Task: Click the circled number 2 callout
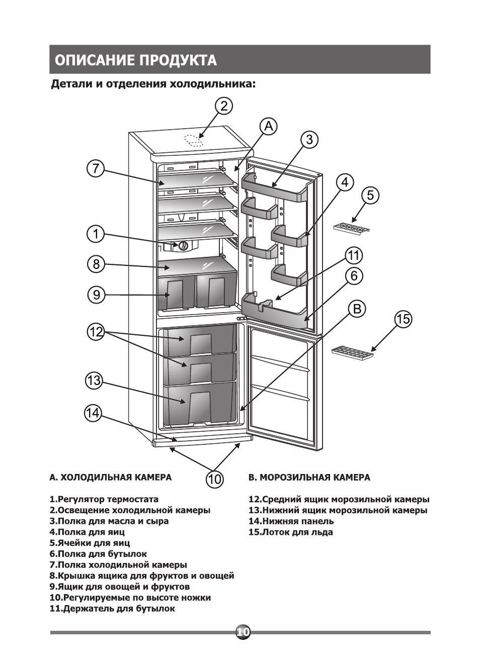(224, 107)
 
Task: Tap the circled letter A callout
(269, 126)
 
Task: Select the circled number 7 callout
(96, 169)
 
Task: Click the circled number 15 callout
(403, 319)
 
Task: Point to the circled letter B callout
(357, 309)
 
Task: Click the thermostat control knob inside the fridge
(183, 246)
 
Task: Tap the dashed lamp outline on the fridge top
(193, 140)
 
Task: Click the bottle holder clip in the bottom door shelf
(266, 304)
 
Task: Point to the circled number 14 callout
(93, 414)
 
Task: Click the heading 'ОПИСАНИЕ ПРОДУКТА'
(135, 60)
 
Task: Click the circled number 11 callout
(354, 256)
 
